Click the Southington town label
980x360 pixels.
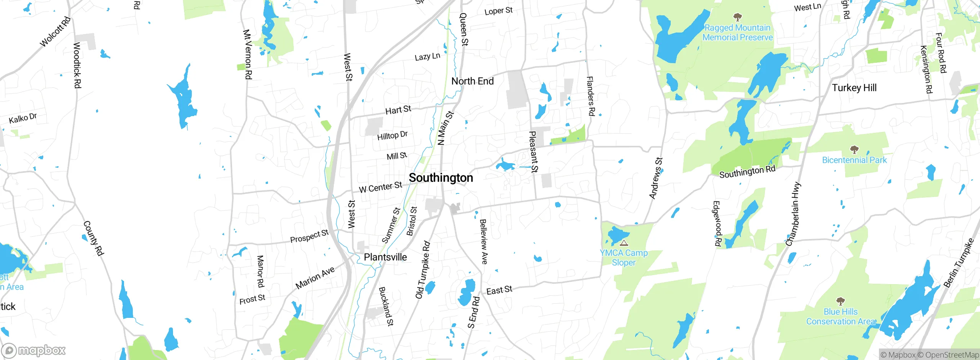click(441, 178)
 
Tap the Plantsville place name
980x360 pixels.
click(385, 257)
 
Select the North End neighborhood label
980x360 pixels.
click(472, 81)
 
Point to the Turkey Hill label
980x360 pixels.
click(854, 88)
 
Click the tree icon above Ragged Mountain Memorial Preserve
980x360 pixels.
click(737, 17)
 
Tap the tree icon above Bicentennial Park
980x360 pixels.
click(854, 149)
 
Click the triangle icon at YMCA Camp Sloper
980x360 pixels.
click(624, 243)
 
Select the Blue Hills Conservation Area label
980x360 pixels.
click(841, 317)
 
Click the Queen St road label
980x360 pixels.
click(464, 29)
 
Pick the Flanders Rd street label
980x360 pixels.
click(591, 96)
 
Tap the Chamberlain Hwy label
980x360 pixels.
click(793, 214)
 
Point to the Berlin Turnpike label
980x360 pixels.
click(959, 263)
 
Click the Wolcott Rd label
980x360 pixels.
click(56, 32)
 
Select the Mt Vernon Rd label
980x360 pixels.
click(247, 54)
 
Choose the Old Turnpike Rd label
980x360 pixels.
click(423, 270)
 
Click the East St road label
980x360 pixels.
click(499, 290)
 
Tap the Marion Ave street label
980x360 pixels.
click(315, 278)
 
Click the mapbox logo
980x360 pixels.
click(34, 350)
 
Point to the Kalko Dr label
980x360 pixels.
click(23, 118)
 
